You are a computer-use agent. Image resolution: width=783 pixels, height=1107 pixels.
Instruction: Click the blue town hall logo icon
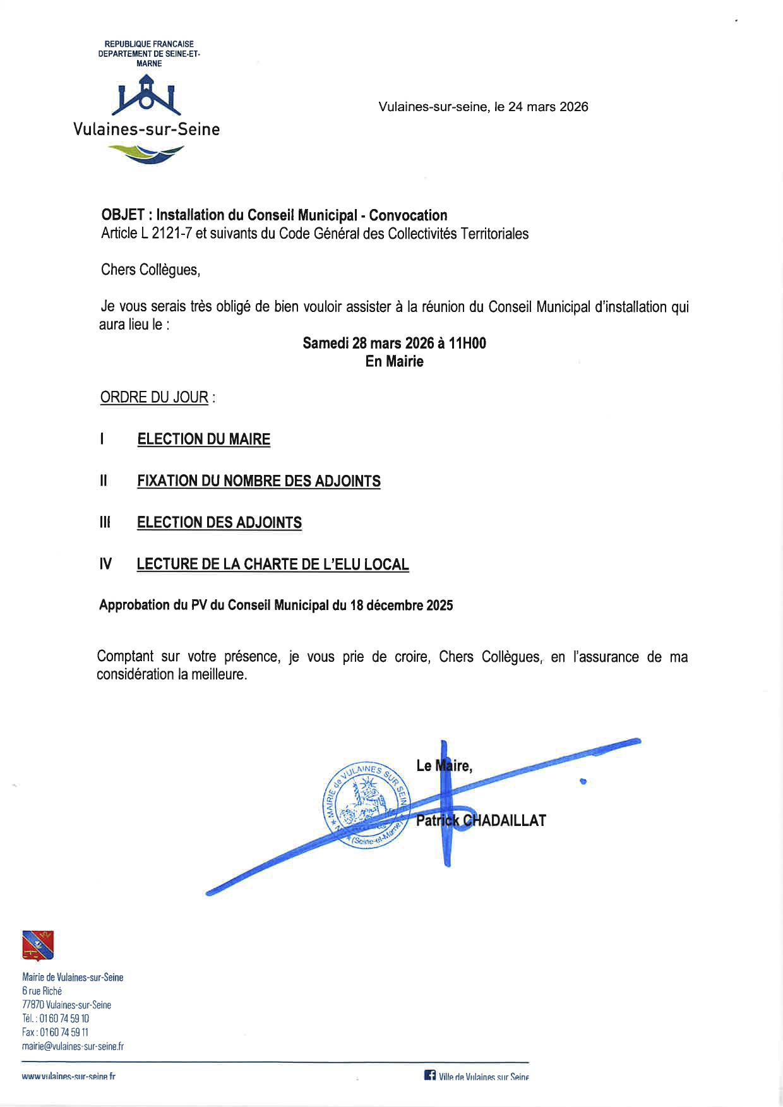point(146,95)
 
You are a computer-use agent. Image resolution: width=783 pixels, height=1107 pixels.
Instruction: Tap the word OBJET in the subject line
point(123,215)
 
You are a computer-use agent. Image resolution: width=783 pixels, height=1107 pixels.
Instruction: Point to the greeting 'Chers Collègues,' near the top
point(150,270)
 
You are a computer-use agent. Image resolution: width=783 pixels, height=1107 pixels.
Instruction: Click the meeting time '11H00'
point(467,344)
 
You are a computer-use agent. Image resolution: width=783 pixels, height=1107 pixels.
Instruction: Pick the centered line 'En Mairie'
point(394,362)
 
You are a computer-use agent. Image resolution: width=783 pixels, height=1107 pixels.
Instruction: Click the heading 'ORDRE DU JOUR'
point(154,397)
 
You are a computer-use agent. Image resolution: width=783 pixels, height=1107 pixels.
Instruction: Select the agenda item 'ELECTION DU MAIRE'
point(203,440)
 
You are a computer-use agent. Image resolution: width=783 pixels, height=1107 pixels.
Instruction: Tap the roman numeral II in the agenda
point(104,481)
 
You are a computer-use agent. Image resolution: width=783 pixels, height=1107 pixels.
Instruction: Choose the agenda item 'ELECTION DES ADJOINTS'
point(219,523)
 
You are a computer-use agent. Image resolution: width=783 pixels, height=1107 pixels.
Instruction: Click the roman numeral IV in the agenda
point(105,565)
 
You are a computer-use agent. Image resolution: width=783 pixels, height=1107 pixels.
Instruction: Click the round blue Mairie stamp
point(367,806)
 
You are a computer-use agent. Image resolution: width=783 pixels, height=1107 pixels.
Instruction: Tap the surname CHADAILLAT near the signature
point(505,821)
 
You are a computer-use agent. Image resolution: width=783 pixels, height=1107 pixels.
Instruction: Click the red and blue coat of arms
point(38,945)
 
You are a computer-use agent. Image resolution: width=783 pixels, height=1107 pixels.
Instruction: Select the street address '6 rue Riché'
point(42,991)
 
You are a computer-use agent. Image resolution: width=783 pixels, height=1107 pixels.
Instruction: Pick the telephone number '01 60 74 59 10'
point(64,1019)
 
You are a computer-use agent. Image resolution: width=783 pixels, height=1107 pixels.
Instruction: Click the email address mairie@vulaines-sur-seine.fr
point(73,1046)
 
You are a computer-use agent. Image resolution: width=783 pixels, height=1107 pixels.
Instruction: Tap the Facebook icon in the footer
point(430,1075)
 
